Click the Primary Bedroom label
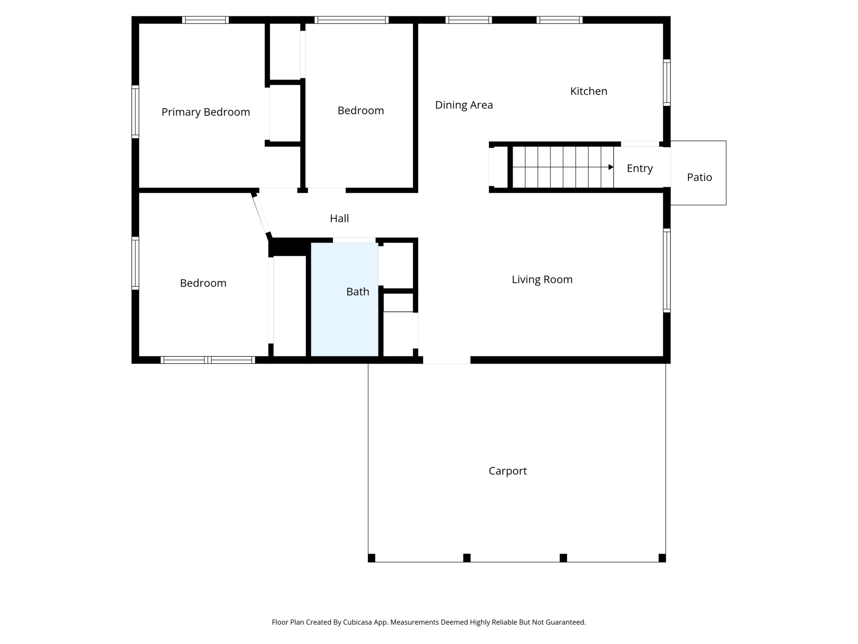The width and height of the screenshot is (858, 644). click(206, 112)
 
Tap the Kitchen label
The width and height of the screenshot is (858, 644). click(588, 91)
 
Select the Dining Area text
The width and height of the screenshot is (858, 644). click(464, 105)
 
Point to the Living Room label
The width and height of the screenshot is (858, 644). click(542, 279)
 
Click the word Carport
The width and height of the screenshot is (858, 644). click(508, 471)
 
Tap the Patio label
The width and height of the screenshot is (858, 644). click(699, 178)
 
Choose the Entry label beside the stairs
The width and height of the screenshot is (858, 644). click(640, 169)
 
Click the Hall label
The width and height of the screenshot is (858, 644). click(339, 218)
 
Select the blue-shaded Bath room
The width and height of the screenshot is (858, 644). click(344, 299)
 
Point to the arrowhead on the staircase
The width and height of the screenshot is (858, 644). click(611, 167)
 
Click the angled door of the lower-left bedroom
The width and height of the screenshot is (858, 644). click(262, 214)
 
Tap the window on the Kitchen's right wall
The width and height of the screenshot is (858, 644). click(667, 83)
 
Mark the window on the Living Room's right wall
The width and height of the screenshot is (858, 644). click(667, 270)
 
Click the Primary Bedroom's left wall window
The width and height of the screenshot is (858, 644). click(135, 112)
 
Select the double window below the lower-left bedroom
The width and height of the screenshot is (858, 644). click(208, 360)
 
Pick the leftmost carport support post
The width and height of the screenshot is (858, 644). click(372, 558)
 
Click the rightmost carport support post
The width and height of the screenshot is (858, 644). click(662, 558)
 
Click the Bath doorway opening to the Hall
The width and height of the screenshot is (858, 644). click(354, 240)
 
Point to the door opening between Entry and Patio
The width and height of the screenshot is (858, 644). click(667, 167)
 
